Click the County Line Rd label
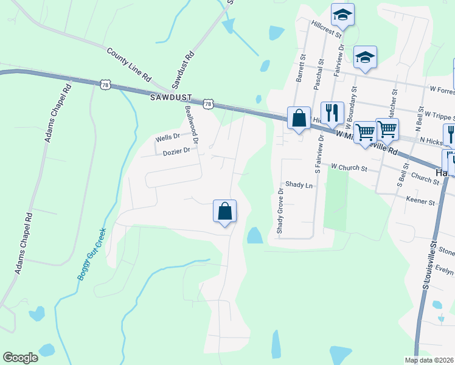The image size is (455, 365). (128, 66)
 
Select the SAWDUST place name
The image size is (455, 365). (172, 97)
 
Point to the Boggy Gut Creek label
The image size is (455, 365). (92, 254)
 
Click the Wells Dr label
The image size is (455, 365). (168, 138)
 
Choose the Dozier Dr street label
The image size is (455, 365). (176, 151)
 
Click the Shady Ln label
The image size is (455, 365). (299, 184)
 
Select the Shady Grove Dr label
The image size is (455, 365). (280, 210)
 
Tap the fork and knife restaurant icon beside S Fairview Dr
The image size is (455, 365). (332, 112)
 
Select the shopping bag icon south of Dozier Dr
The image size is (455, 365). (224, 211)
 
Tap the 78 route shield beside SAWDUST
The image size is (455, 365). (208, 104)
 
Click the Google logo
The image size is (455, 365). (20, 358)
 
